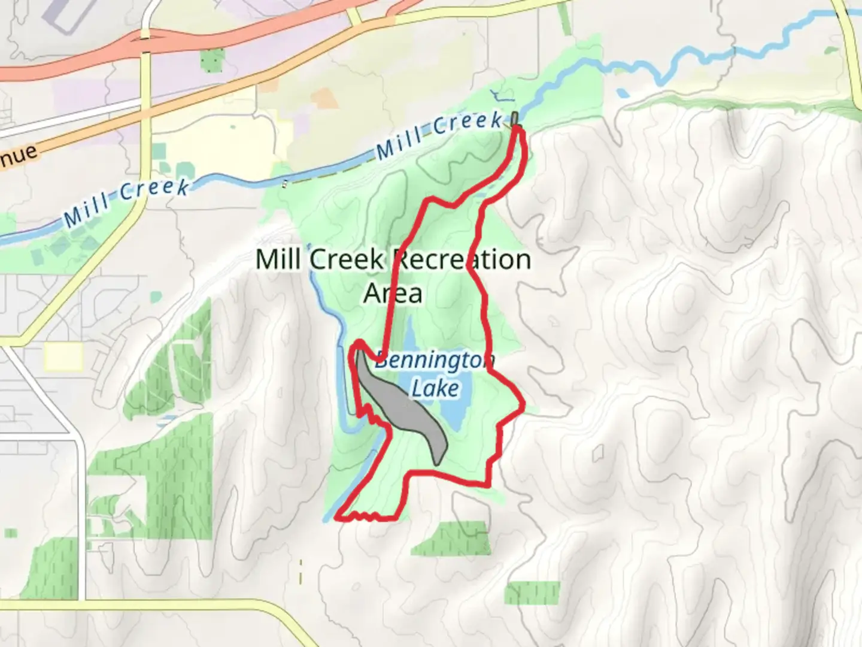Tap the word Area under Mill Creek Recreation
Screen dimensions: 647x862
point(393,294)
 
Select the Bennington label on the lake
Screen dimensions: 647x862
point(435,360)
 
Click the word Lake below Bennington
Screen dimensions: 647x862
point(435,388)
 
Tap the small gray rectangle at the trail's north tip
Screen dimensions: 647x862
point(515,118)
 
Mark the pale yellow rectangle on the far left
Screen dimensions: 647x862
point(63,356)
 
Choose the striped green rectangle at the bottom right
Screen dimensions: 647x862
point(531,592)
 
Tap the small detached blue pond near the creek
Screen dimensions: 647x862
point(623,93)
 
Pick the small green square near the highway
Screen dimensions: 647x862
point(212,60)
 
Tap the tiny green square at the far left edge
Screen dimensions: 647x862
point(11,533)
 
